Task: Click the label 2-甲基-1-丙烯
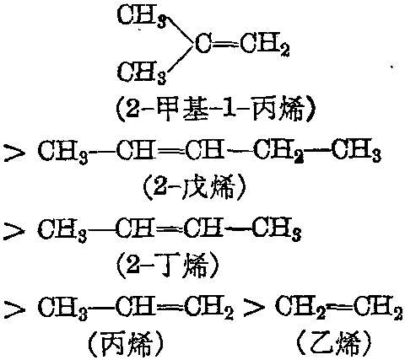point(214,110)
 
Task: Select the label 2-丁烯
point(167,265)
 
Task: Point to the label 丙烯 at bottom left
point(126,343)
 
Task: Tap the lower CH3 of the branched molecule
point(142,73)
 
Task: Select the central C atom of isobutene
point(202,44)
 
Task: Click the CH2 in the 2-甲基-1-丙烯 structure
point(265,45)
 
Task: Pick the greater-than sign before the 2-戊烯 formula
point(14,153)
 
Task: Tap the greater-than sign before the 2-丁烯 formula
point(14,231)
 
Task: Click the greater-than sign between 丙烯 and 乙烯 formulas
point(254,309)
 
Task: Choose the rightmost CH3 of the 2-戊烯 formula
point(356,152)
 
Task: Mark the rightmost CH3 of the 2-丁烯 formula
point(277,231)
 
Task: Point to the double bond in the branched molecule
point(225,44)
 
